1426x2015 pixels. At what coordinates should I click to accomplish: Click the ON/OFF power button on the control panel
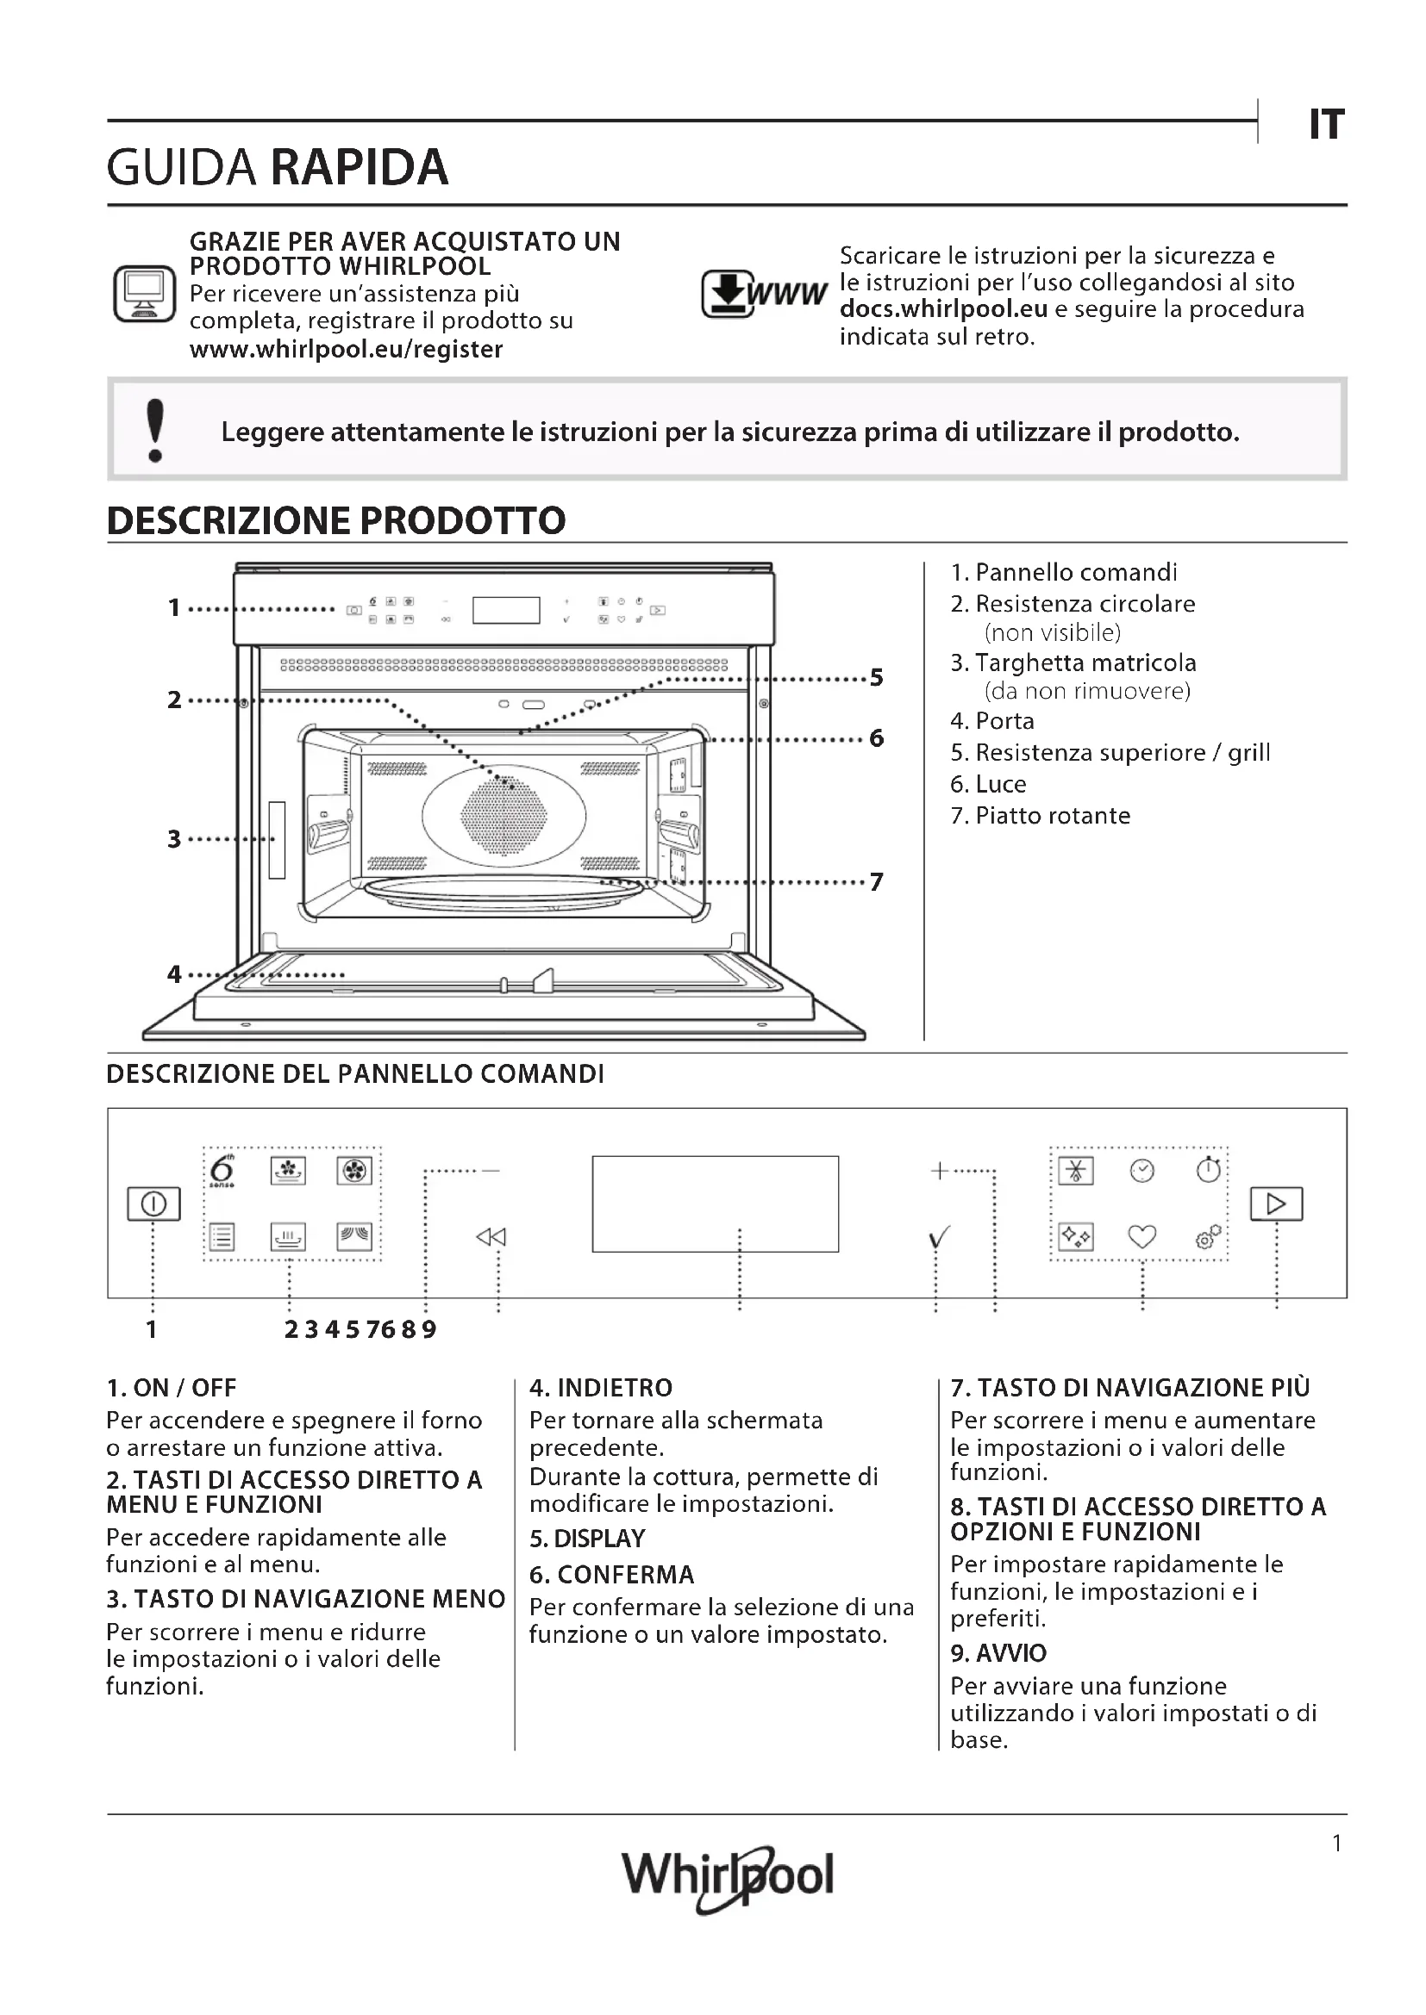[153, 1203]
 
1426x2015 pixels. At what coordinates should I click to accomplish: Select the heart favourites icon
[1141, 1236]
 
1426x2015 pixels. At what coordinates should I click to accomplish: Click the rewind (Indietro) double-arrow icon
[491, 1237]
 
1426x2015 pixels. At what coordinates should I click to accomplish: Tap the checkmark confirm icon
[939, 1237]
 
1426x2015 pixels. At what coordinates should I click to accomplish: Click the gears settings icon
[1208, 1236]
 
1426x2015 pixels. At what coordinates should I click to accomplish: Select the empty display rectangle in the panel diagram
[715, 1203]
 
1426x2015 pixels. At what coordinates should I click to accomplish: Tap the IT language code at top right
[1326, 125]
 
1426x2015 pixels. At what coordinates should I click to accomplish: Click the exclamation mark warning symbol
[155, 430]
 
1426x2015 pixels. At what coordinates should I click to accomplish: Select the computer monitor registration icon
[144, 293]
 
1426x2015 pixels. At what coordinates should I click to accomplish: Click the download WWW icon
[763, 293]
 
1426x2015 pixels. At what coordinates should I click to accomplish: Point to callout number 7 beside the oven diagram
[876, 882]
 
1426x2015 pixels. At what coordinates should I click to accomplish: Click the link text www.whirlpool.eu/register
[346, 349]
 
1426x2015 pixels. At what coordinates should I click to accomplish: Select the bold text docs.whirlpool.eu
[943, 309]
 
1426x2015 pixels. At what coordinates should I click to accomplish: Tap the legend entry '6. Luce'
[988, 784]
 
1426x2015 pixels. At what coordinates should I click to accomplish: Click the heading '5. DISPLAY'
[586, 1539]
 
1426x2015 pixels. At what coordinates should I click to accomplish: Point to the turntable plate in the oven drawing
[503, 892]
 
